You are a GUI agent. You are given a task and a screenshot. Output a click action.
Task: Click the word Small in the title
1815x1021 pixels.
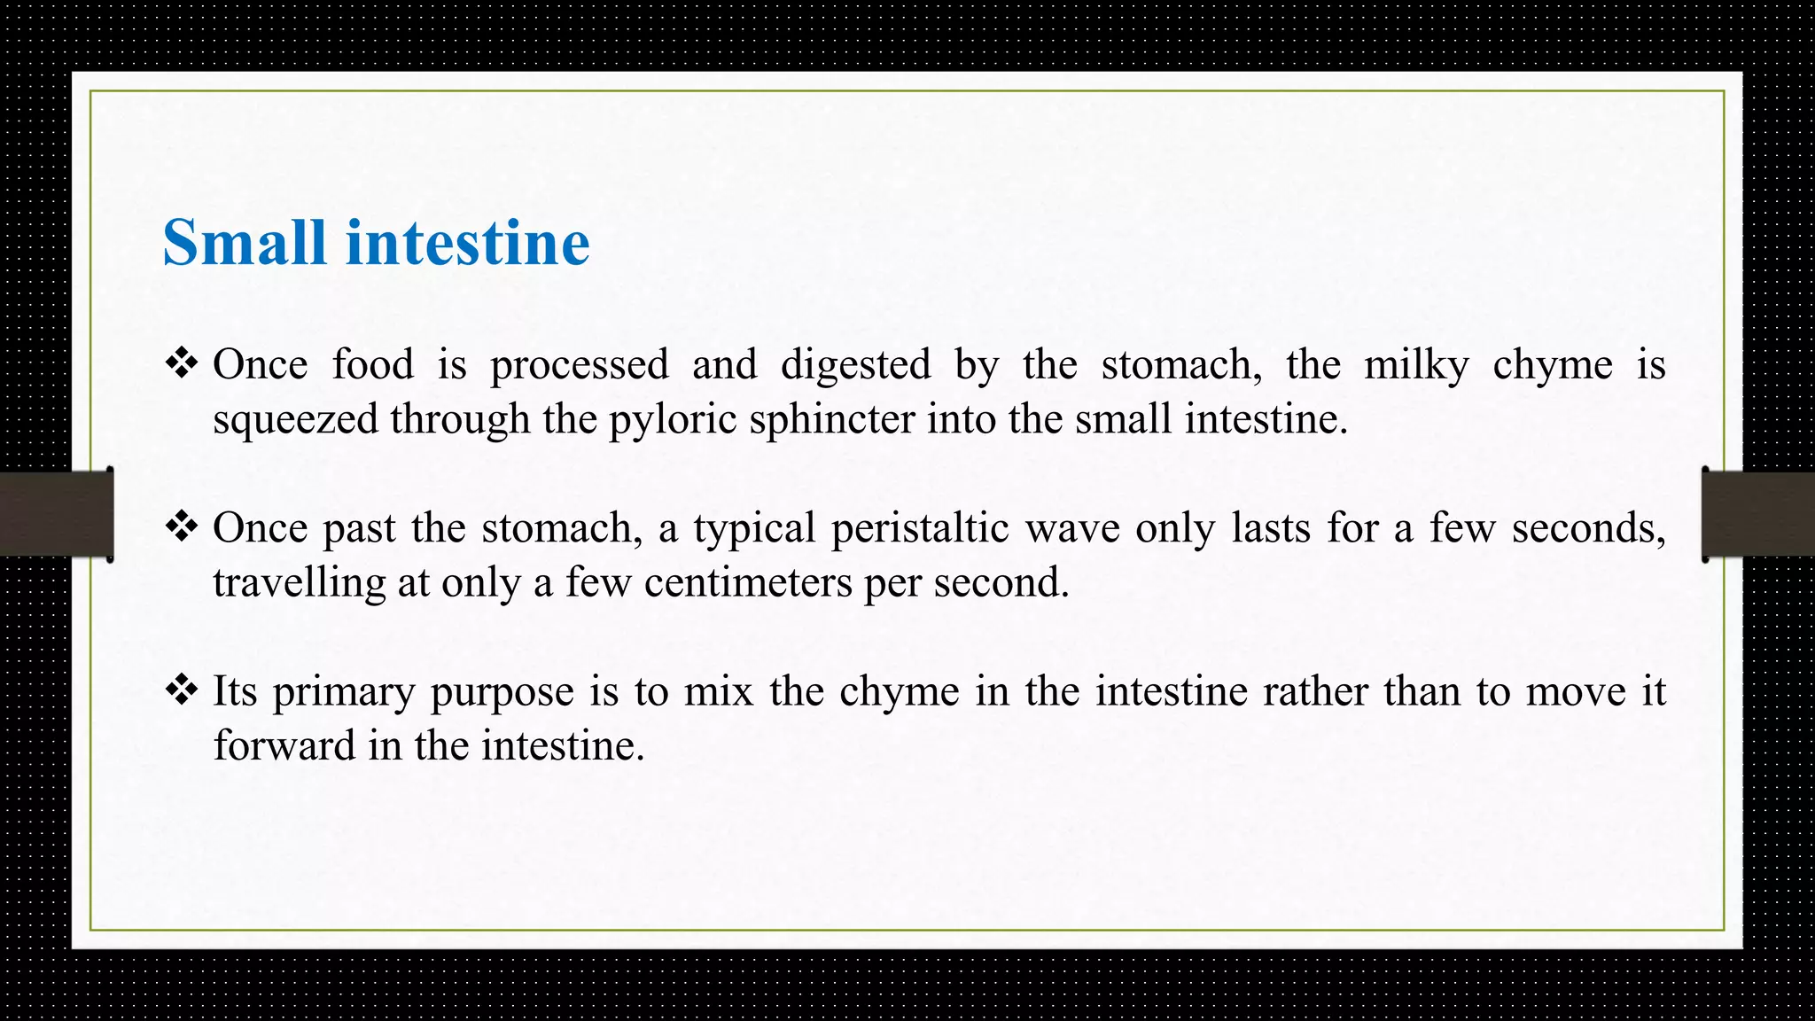pos(245,243)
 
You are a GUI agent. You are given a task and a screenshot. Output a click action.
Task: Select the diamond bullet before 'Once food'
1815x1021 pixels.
pos(181,363)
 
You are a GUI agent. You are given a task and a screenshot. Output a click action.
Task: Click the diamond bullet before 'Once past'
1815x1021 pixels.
pos(181,526)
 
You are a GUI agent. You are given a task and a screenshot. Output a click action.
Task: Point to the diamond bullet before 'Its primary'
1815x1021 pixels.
pos(181,690)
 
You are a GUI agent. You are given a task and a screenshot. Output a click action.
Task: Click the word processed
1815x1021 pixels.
pos(580,365)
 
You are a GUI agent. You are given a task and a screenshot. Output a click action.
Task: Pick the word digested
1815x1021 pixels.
pos(855,365)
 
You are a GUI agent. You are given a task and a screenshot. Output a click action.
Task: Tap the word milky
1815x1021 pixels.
pos(1416,365)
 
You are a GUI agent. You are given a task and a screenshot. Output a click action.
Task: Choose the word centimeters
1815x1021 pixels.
pos(748,583)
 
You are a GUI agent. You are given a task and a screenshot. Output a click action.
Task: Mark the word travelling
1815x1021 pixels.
pos(299,583)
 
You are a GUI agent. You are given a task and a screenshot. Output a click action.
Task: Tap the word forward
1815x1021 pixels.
pos(284,746)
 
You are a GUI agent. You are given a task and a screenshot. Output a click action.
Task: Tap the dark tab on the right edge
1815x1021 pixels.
pos(1758,514)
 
